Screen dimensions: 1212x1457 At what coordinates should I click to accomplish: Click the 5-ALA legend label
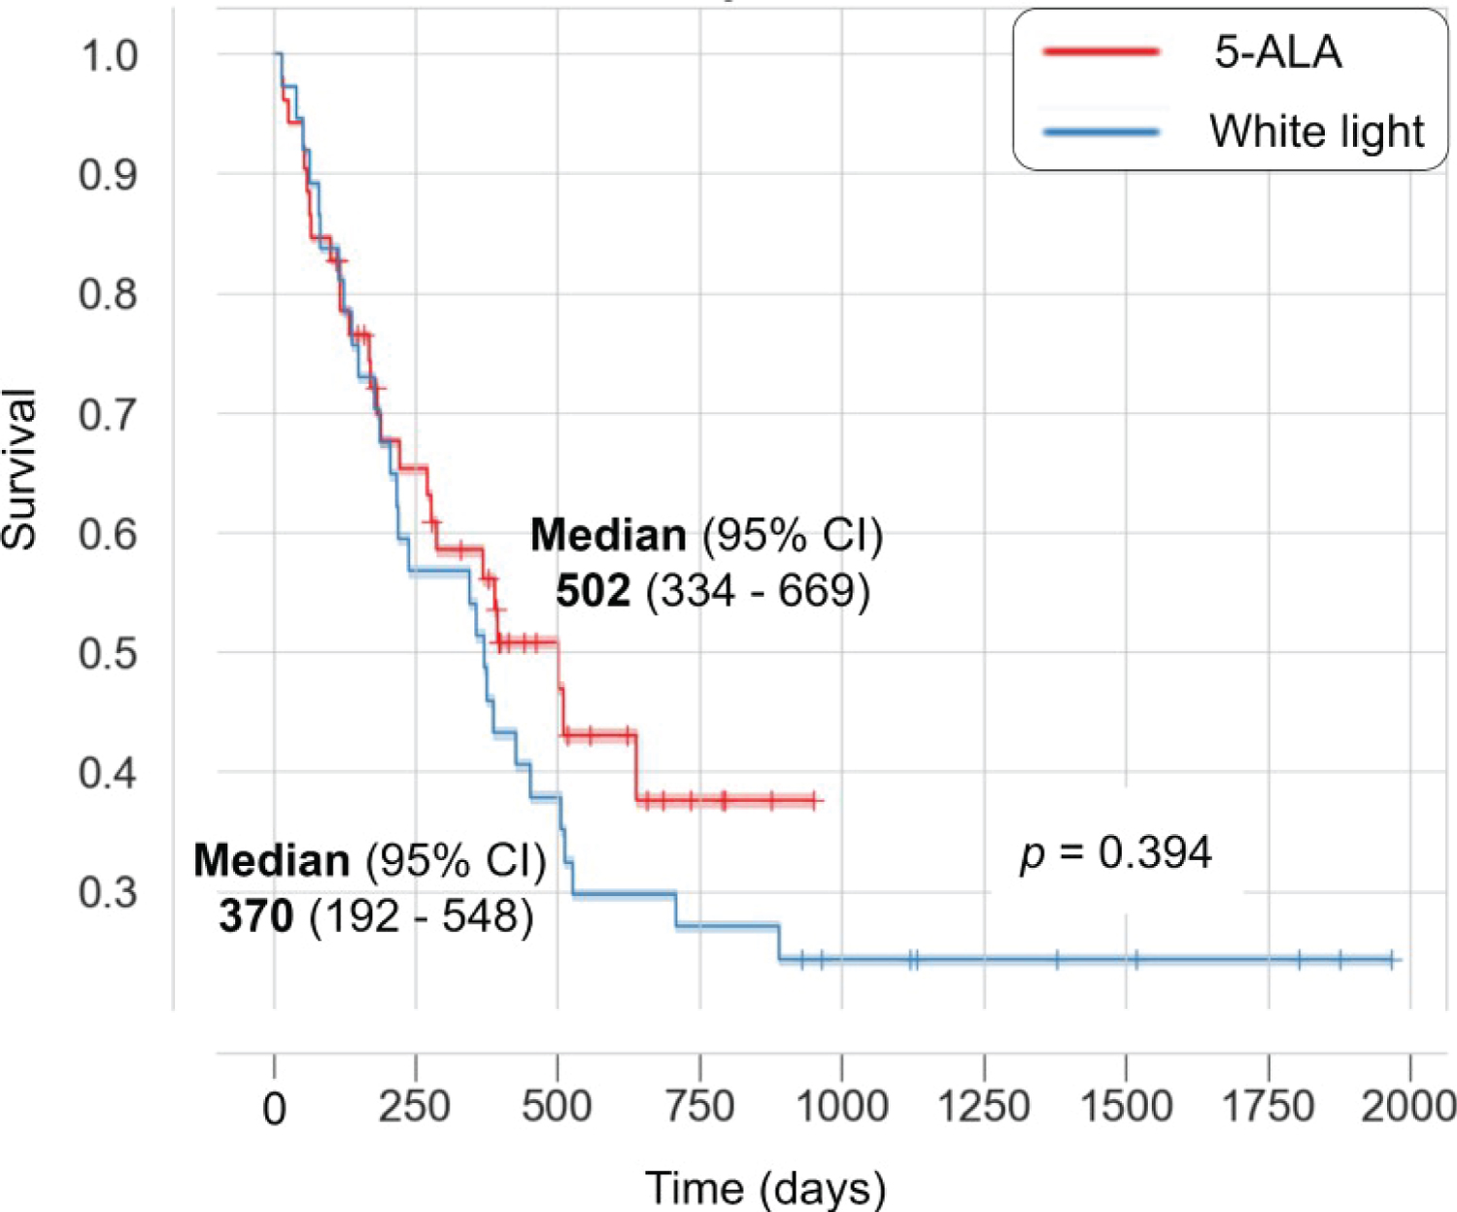(x=1277, y=52)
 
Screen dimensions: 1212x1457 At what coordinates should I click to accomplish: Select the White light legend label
(x=1316, y=131)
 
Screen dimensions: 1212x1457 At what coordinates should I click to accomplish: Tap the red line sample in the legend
(x=1101, y=52)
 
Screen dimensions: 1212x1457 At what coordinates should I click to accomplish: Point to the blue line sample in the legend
(x=1101, y=131)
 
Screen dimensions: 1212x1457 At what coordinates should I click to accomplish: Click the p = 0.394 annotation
(x=1115, y=853)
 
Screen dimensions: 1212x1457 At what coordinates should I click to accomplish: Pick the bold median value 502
(x=593, y=590)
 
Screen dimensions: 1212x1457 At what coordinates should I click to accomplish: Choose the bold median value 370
(x=256, y=916)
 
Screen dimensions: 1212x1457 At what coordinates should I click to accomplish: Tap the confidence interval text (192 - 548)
(x=421, y=916)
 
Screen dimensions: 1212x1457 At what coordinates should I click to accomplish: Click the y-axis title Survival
(x=19, y=468)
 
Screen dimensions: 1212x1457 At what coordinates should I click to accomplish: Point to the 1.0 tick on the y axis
(x=109, y=55)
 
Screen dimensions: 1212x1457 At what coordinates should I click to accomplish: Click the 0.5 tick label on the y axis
(x=109, y=653)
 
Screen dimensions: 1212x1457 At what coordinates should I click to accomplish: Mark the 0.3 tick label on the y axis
(x=109, y=892)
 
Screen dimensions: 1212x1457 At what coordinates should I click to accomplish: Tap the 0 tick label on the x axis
(x=275, y=1108)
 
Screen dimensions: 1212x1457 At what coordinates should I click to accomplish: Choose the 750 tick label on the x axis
(x=699, y=1106)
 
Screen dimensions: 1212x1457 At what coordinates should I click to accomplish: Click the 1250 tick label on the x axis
(x=983, y=1106)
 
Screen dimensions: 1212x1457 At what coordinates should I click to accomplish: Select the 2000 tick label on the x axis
(x=1408, y=1106)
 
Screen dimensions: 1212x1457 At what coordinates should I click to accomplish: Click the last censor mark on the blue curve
(x=1391, y=960)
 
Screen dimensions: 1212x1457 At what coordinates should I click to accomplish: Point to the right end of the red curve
(x=822, y=801)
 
